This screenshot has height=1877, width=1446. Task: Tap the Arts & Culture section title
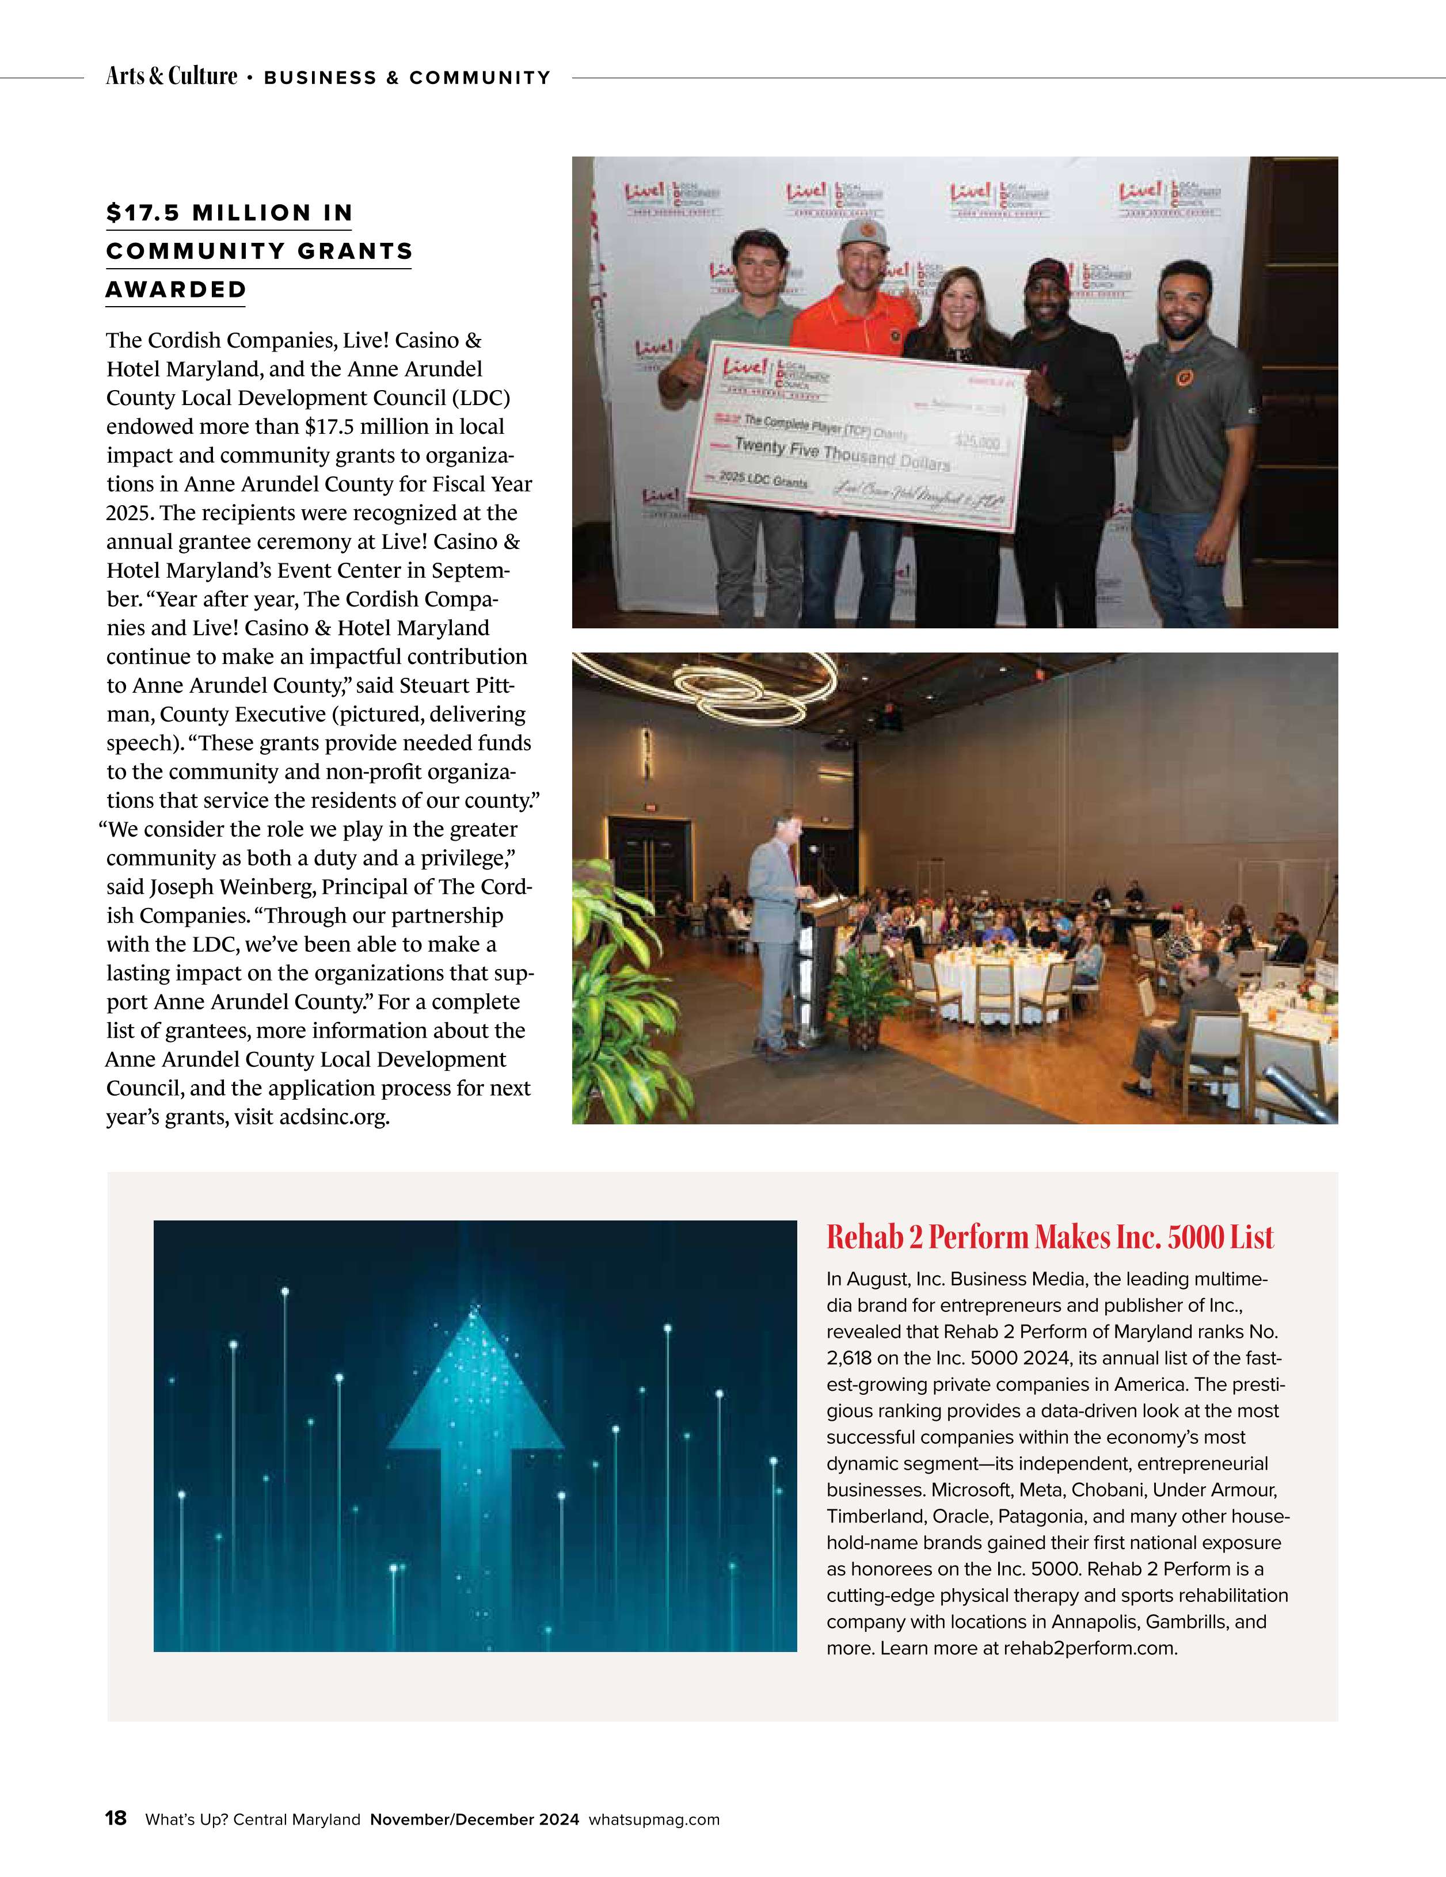click(171, 77)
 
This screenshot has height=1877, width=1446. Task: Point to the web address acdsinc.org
click(334, 1117)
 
